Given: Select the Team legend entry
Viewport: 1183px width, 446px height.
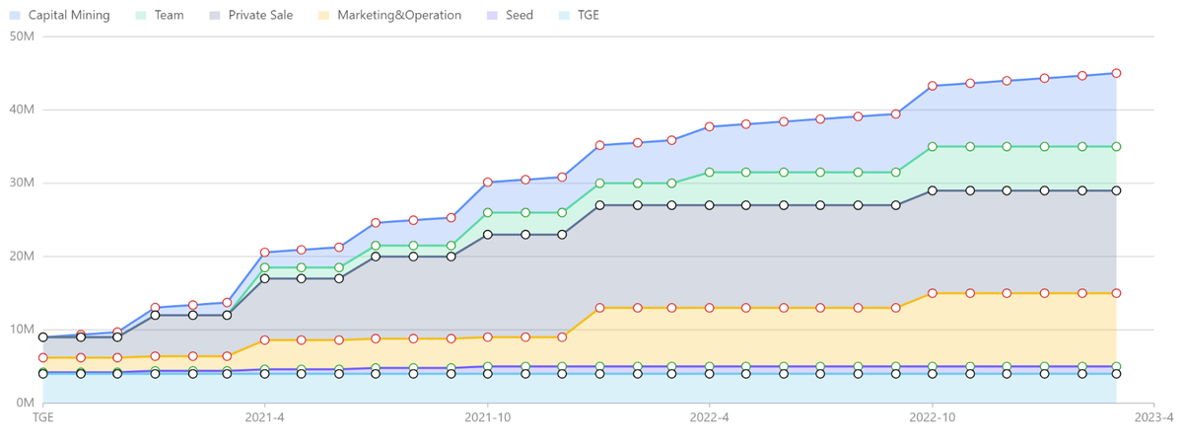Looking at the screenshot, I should point(160,16).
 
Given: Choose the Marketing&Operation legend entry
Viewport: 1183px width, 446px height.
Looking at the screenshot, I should point(387,16).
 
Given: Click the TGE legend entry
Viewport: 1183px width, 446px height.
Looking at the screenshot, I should point(579,16).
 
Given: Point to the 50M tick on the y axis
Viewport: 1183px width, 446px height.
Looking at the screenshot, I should point(22,37).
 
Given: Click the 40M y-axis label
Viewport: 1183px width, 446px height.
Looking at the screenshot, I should point(22,110).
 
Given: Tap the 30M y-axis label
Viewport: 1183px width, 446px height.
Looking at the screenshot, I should point(22,183).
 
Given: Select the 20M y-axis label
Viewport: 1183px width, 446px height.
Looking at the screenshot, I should point(22,257).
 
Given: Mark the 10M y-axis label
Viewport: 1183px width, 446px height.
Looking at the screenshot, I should point(22,330).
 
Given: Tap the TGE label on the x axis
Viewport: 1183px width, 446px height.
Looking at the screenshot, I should point(43,417).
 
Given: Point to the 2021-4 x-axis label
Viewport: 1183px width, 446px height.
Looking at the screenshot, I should point(265,417).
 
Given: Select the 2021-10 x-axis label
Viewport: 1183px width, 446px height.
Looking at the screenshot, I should point(487,417).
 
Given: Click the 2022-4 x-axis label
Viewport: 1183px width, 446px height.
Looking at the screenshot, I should point(710,417).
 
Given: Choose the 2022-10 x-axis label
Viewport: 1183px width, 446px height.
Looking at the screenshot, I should point(932,417).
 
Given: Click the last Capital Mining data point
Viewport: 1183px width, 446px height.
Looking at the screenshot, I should point(1117,73).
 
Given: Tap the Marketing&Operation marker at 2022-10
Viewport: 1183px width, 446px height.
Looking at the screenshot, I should point(933,293).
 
